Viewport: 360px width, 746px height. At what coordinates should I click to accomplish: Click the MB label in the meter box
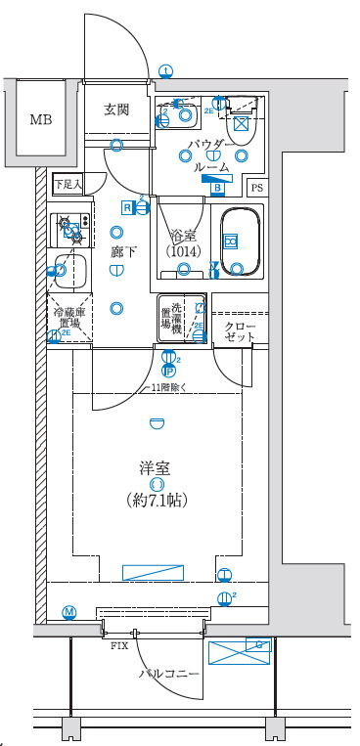pos(40,120)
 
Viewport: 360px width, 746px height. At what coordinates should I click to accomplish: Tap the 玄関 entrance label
pos(116,110)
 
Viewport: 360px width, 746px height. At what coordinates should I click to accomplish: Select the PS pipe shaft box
pos(257,188)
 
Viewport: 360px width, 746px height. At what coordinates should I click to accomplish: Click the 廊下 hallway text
pos(123,252)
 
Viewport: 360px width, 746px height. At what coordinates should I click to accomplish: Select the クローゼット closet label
pos(239,331)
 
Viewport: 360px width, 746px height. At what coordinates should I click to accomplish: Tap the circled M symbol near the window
pos(69,612)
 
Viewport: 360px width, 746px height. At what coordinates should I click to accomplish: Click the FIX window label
pos(119,646)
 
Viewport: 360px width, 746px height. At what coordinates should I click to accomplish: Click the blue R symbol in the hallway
pos(127,206)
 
